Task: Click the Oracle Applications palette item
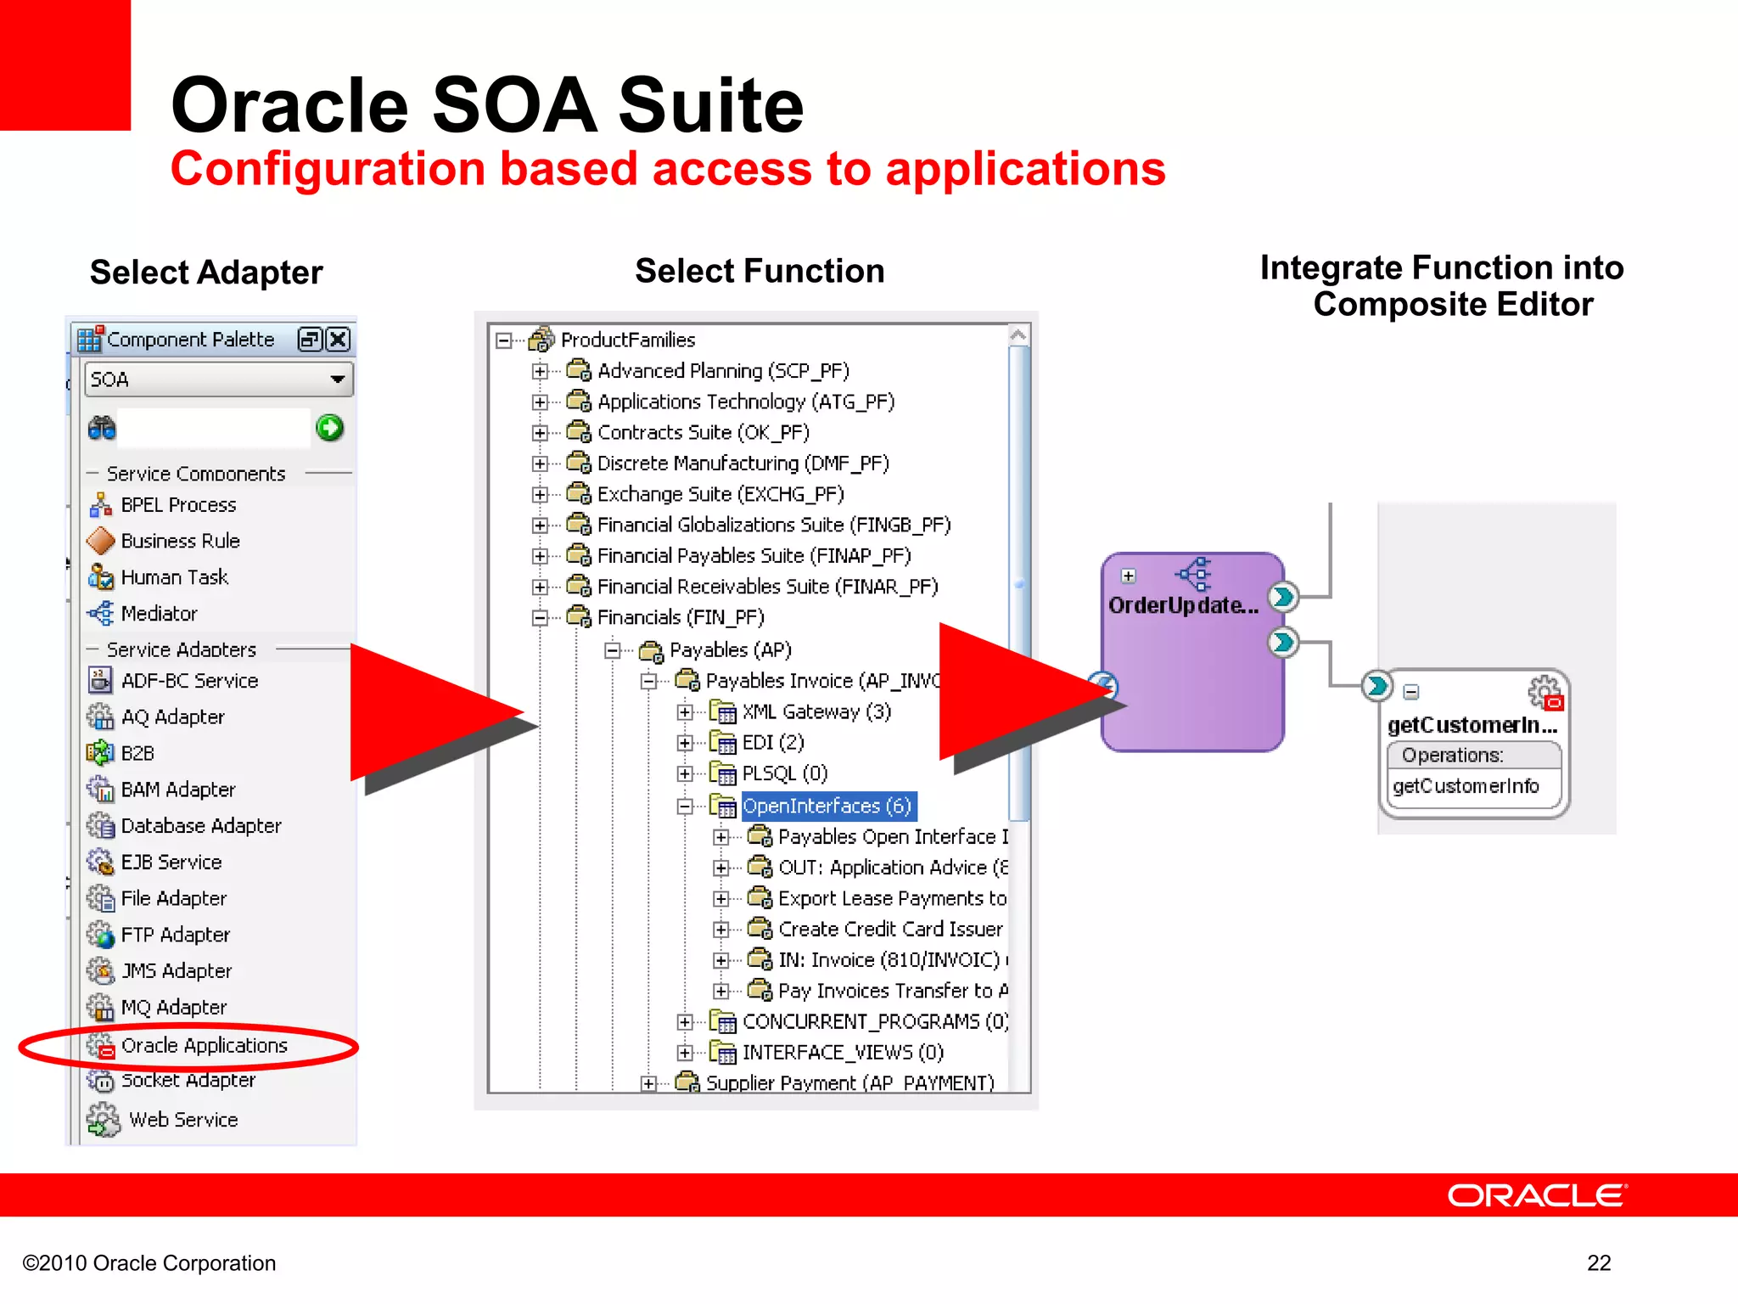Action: pyautogui.click(x=204, y=1045)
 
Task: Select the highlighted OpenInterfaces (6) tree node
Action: pyautogui.click(x=827, y=806)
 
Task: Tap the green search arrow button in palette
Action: pyautogui.click(x=329, y=428)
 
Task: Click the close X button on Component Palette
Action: pyautogui.click(x=338, y=340)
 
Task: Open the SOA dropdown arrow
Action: pyautogui.click(x=338, y=379)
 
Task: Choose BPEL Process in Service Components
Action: pyautogui.click(x=178, y=505)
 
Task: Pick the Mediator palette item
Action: pyautogui.click(x=159, y=613)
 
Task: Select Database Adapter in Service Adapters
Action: pyautogui.click(x=200, y=825)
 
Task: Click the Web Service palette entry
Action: pyautogui.click(x=182, y=1120)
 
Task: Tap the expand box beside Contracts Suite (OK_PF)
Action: pyautogui.click(x=540, y=433)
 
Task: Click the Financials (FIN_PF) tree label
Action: pyautogui.click(x=680, y=617)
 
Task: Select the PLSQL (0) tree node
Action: pyautogui.click(x=784, y=773)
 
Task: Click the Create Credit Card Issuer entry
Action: pyautogui.click(x=889, y=929)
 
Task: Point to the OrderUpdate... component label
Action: pyautogui.click(x=1182, y=605)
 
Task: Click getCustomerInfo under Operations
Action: pyautogui.click(x=1466, y=786)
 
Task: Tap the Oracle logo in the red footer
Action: pyautogui.click(x=1536, y=1195)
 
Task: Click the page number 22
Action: pyautogui.click(x=1598, y=1263)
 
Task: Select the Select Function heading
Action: pyautogui.click(x=760, y=271)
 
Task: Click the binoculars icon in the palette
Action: pyautogui.click(x=102, y=428)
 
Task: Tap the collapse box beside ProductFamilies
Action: pyautogui.click(x=503, y=340)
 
